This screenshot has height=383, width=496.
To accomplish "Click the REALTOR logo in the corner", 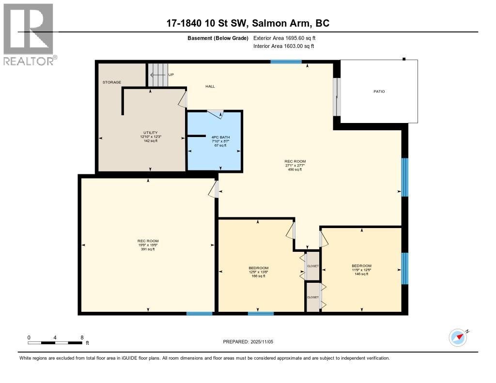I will click(x=29, y=34).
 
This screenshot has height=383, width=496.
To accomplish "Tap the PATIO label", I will click(x=379, y=92).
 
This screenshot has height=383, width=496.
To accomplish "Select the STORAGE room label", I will click(x=111, y=82).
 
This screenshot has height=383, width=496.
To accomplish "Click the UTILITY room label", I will click(x=150, y=133).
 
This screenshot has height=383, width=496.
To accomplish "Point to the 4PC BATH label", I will click(x=220, y=137).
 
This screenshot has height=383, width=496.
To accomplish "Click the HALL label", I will click(x=210, y=86).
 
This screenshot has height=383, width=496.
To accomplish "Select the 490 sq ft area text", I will click(x=294, y=170).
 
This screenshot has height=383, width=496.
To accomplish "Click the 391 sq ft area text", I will click(x=148, y=249).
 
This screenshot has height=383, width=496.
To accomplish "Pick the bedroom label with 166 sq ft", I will click(x=258, y=268).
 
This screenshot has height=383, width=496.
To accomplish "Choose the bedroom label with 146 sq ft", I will click(x=361, y=266).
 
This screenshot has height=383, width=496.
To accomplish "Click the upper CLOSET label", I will click(x=313, y=266).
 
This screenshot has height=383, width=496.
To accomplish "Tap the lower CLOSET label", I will click(x=313, y=297).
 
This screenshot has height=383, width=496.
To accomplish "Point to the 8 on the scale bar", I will click(x=82, y=337).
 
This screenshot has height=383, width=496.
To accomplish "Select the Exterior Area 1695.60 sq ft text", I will click(x=284, y=38).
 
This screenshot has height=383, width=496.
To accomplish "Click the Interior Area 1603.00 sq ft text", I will click(x=283, y=46).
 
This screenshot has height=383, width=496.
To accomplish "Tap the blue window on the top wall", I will click(x=286, y=61).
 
